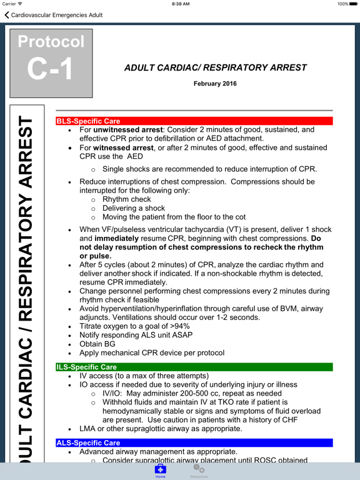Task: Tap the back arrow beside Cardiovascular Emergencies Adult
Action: [x=7, y=15]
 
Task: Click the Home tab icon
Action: [x=161, y=469]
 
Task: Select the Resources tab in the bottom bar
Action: [x=199, y=469]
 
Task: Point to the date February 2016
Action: [x=215, y=84]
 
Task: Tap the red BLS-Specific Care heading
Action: [x=87, y=121]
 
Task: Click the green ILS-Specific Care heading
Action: [x=86, y=367]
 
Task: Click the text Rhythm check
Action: [x=127, y=199]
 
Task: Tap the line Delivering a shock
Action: [x=134, y=208]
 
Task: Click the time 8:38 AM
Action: [x=180, y=4]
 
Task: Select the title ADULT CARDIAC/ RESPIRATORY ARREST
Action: [x=216, y=67]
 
